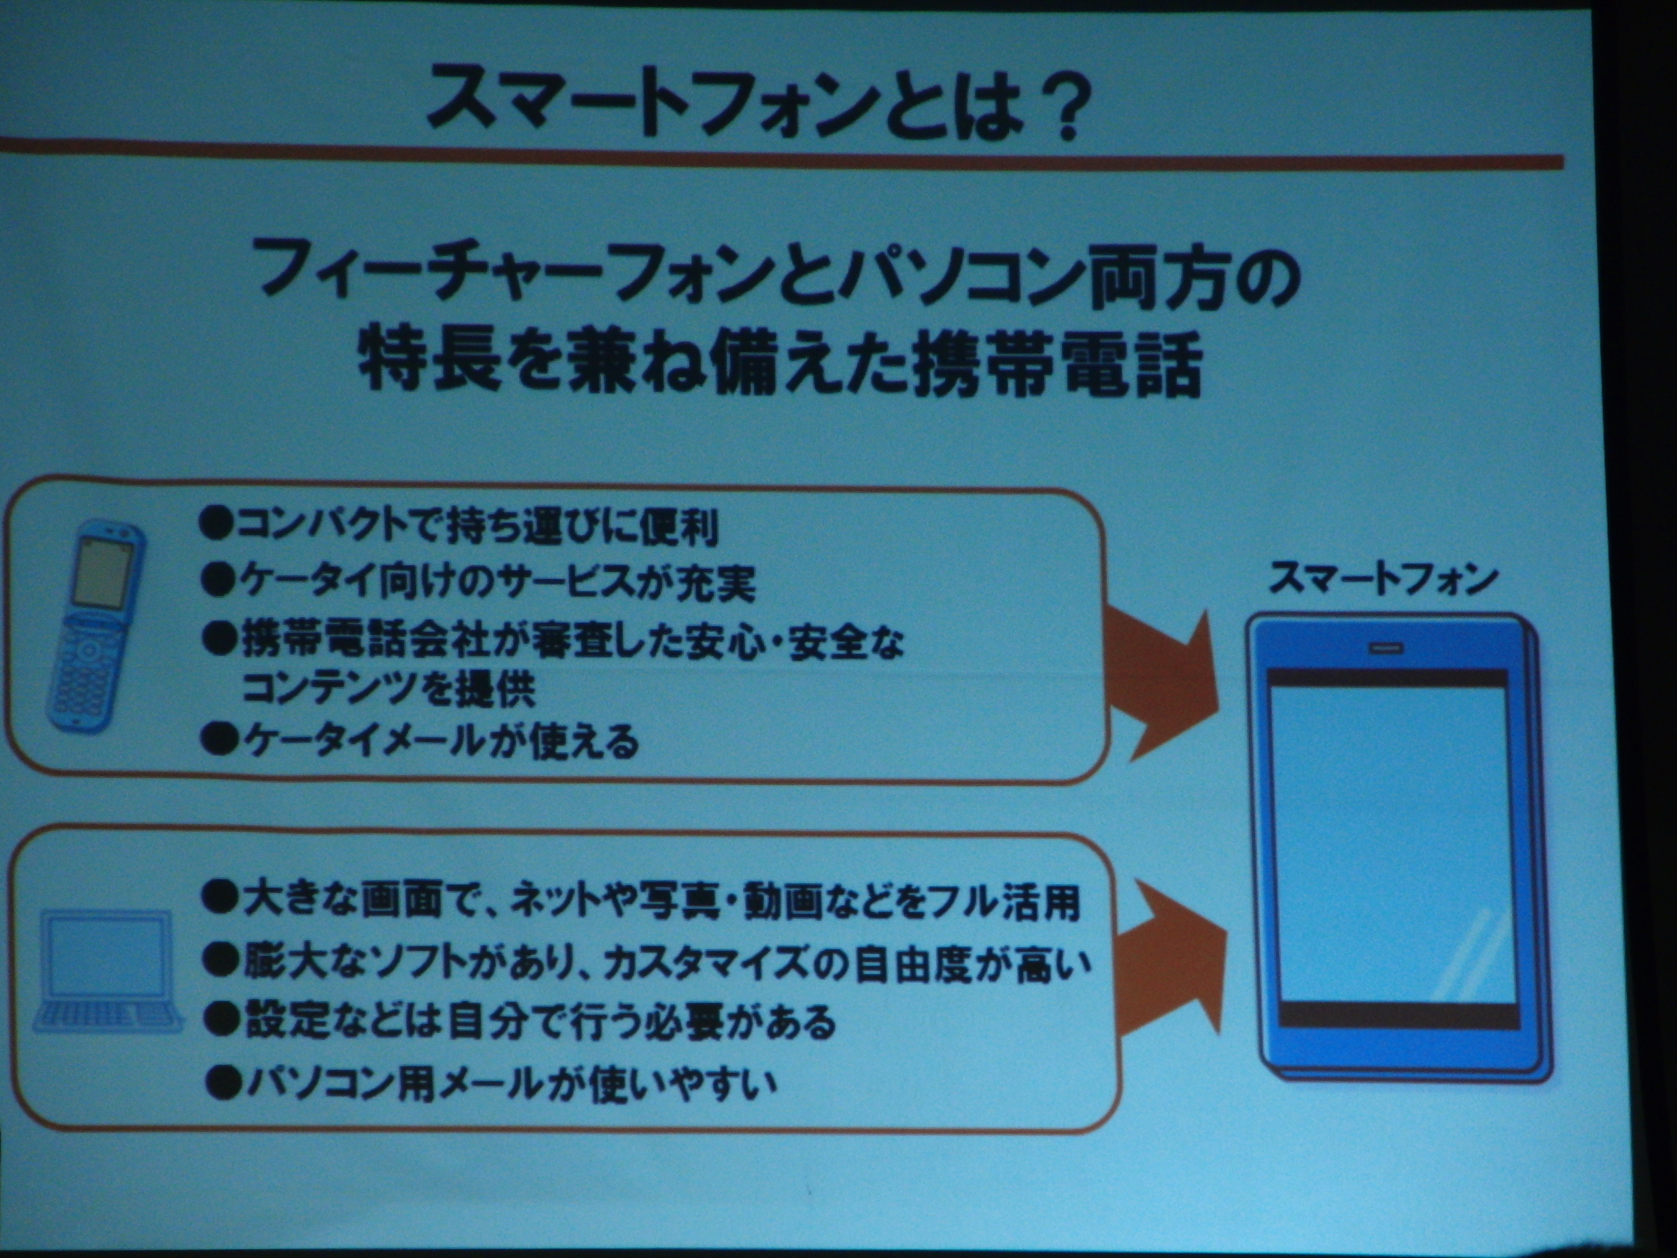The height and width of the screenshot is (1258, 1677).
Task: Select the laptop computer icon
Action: (106, 971)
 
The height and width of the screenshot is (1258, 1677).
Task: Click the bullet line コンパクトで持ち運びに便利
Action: (459, 525)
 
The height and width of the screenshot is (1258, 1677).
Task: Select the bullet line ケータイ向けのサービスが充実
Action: (478, 583)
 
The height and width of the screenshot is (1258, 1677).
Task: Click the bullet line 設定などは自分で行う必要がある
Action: (520, 1021)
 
